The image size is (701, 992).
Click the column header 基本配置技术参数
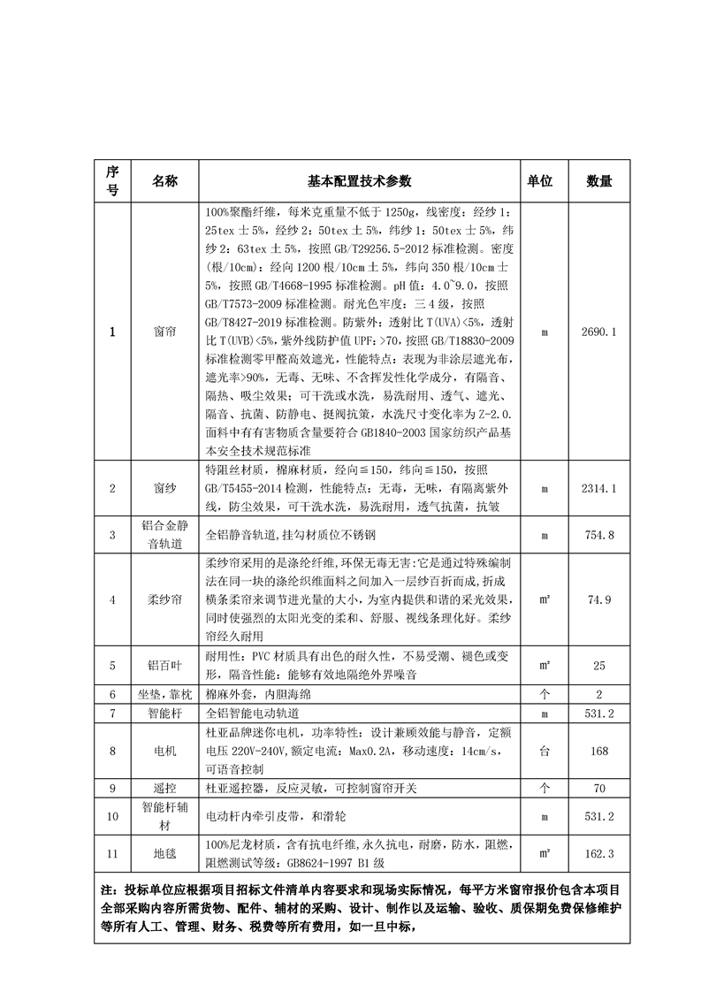click(x=359, y=181)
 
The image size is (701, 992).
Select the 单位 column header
click(x=540, y=181)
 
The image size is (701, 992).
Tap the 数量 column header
click(x=599, y=181)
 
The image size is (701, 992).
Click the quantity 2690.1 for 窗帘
click(x=599, y=332)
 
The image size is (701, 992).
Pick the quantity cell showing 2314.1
click(x=599, y=488)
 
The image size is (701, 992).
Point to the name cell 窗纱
click(x=164, y=488)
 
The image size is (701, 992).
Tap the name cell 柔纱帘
click(x=164, y=600)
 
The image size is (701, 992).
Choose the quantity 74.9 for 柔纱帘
click(x=599, y=600)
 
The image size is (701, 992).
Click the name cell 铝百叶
click(x=164, y=665)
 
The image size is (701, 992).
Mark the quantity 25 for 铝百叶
click(x=599, y=665)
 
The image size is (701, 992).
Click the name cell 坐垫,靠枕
click(x=164, y=694)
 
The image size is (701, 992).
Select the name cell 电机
click(x=164, y=751)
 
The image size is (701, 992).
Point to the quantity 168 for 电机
click(x=599, y=751)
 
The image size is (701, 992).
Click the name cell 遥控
click(x=164, y=787)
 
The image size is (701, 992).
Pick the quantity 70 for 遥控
click(x=599, y=787)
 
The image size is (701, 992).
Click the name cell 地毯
click(x=164, y=853)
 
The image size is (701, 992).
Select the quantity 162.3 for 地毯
click(x=599, y=853)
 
